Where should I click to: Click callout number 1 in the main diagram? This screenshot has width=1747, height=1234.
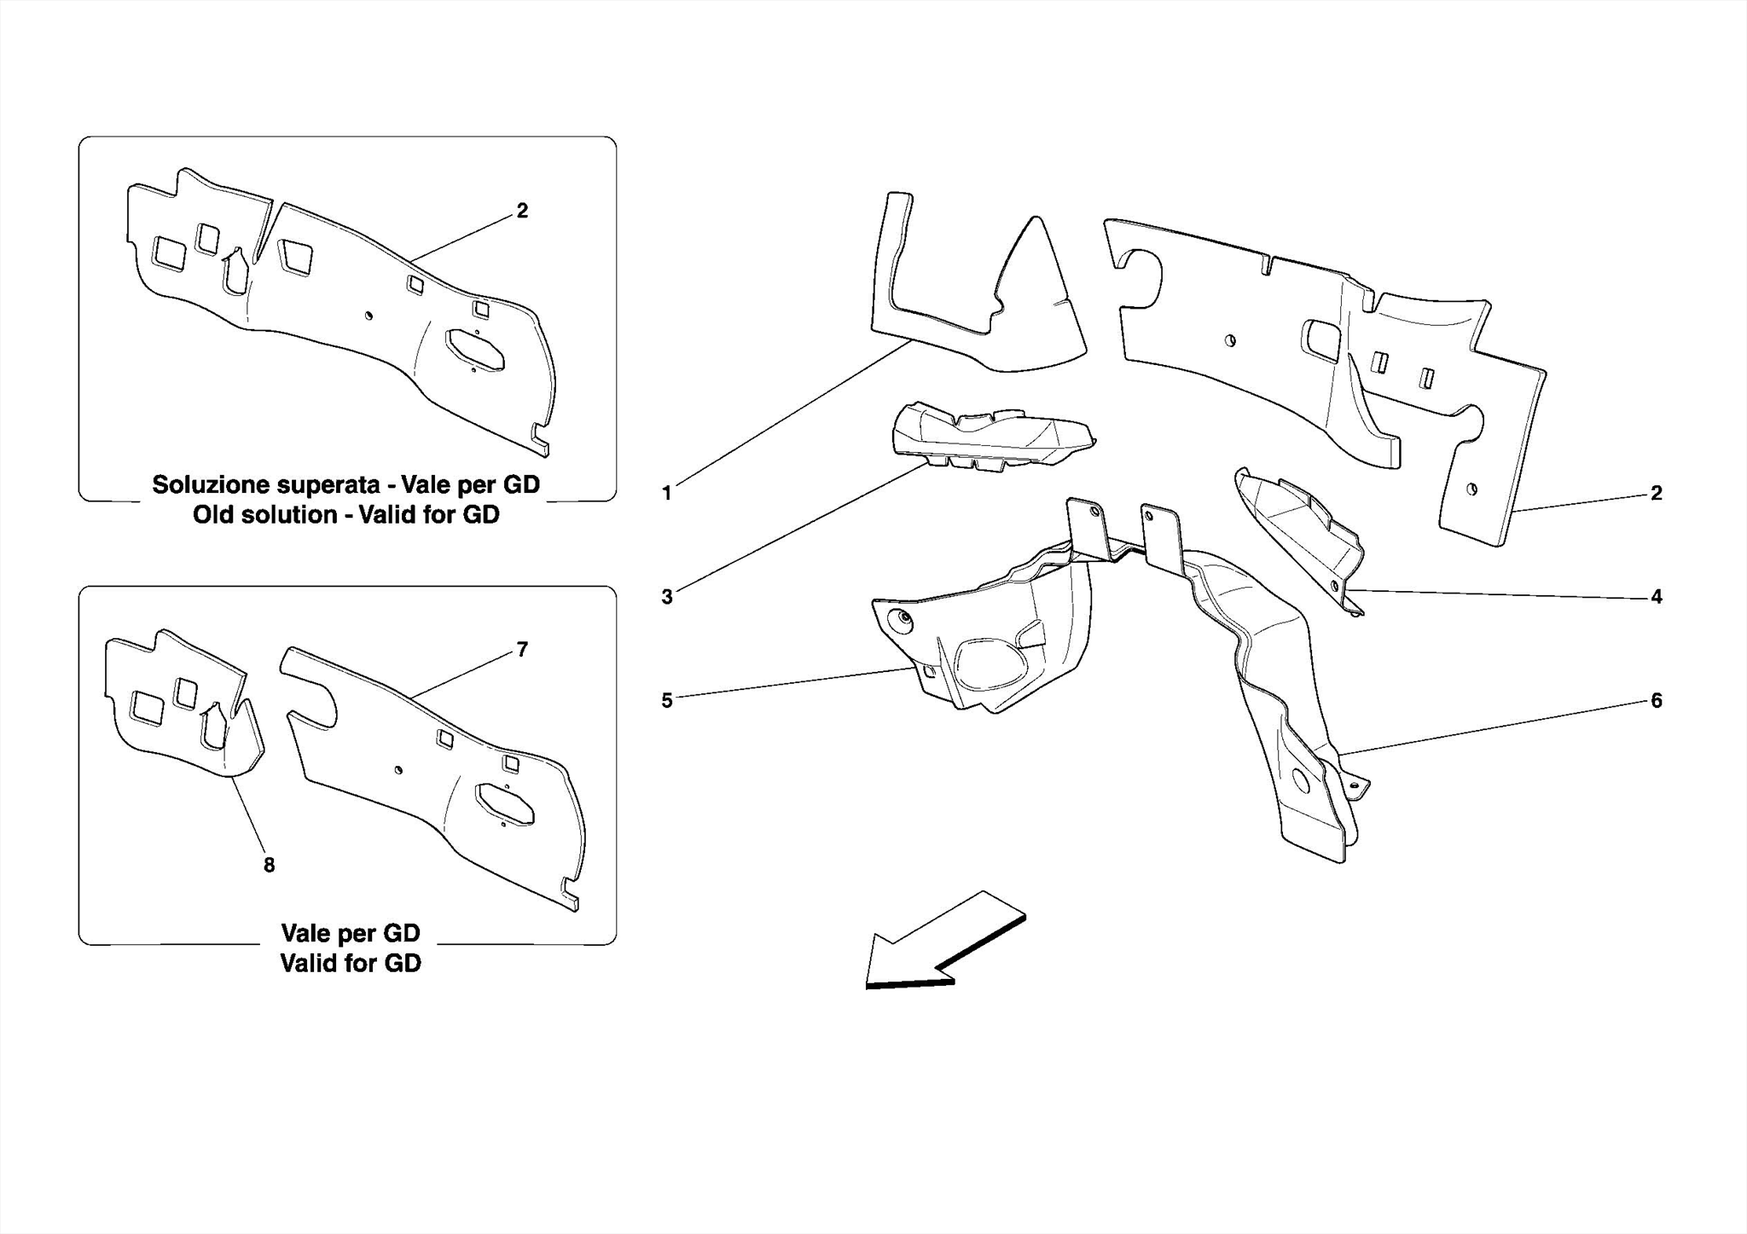point(666,493)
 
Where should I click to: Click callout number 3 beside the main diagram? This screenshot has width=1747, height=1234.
point(666,597)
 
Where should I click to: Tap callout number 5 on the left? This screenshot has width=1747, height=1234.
point(666,700)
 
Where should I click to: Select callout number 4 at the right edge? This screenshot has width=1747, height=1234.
point(1656,597)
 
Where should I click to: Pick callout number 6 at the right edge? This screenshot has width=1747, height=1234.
point(1656,700)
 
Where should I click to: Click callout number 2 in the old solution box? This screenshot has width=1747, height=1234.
point(522,211)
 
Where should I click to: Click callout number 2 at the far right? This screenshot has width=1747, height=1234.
point(1656,493)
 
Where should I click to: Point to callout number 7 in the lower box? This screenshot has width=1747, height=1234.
point(522,650)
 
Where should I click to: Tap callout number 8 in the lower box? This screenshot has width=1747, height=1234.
point(269,866)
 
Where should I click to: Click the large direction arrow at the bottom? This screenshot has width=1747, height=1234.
point(938,942)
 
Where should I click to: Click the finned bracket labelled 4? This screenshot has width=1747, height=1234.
point(1301,533)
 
